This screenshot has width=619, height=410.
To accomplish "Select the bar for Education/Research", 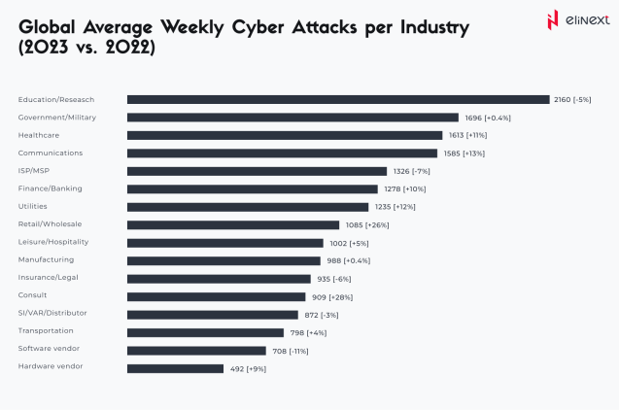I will (338, 99).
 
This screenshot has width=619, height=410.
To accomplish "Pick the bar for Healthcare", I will (285, 135).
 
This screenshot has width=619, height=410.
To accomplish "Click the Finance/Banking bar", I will (253, 188).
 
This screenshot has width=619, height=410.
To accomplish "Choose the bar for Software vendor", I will (196, 350).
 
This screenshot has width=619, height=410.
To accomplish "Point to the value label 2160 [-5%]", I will (572, 99).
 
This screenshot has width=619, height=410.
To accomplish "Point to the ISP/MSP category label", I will (34, 171).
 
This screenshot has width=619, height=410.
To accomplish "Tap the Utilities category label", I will (32, 206).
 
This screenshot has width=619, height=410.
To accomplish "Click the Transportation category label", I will (44, 331).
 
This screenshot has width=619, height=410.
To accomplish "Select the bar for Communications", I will (282, 153).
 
